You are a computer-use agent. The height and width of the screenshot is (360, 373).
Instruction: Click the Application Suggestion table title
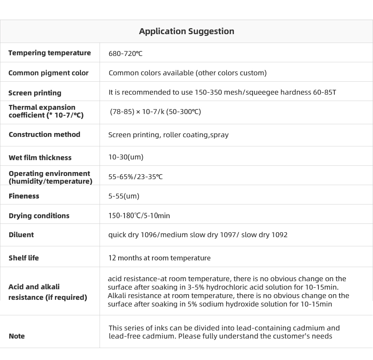186,31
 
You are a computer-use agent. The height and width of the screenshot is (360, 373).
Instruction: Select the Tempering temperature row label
50,53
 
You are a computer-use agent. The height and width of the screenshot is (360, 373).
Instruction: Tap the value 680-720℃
125,53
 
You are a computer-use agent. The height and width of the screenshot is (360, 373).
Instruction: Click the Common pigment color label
49,73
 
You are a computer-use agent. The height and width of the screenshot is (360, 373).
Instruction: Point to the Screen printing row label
35,93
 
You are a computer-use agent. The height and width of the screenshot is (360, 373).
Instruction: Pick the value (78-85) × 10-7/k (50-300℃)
155,112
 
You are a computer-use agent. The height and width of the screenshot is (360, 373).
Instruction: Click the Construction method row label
44,134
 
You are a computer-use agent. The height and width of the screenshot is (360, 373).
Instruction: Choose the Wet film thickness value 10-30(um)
126,157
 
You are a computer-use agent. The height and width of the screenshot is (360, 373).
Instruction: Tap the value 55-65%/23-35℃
135,177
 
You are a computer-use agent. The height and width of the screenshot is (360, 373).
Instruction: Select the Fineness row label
24,196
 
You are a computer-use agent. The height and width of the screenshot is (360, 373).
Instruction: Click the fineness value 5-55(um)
124,196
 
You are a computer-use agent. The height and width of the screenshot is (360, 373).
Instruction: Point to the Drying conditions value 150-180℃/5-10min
139,216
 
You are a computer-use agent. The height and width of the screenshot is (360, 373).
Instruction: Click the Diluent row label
21,235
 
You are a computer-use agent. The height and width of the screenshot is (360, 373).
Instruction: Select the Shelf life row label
24,258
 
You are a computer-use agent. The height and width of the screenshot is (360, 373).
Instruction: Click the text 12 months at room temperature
159,258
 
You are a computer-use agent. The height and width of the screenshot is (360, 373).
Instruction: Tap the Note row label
17,336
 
